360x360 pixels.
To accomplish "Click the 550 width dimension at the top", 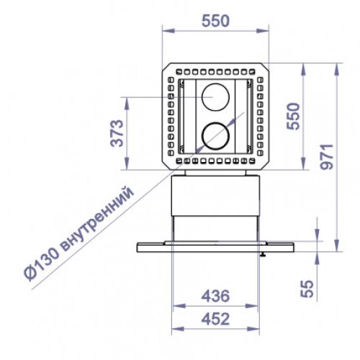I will (x=214, y=22).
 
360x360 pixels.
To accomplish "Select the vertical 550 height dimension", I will (x=292, y=116).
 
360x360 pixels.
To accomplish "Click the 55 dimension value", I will (x=307, y=289).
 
